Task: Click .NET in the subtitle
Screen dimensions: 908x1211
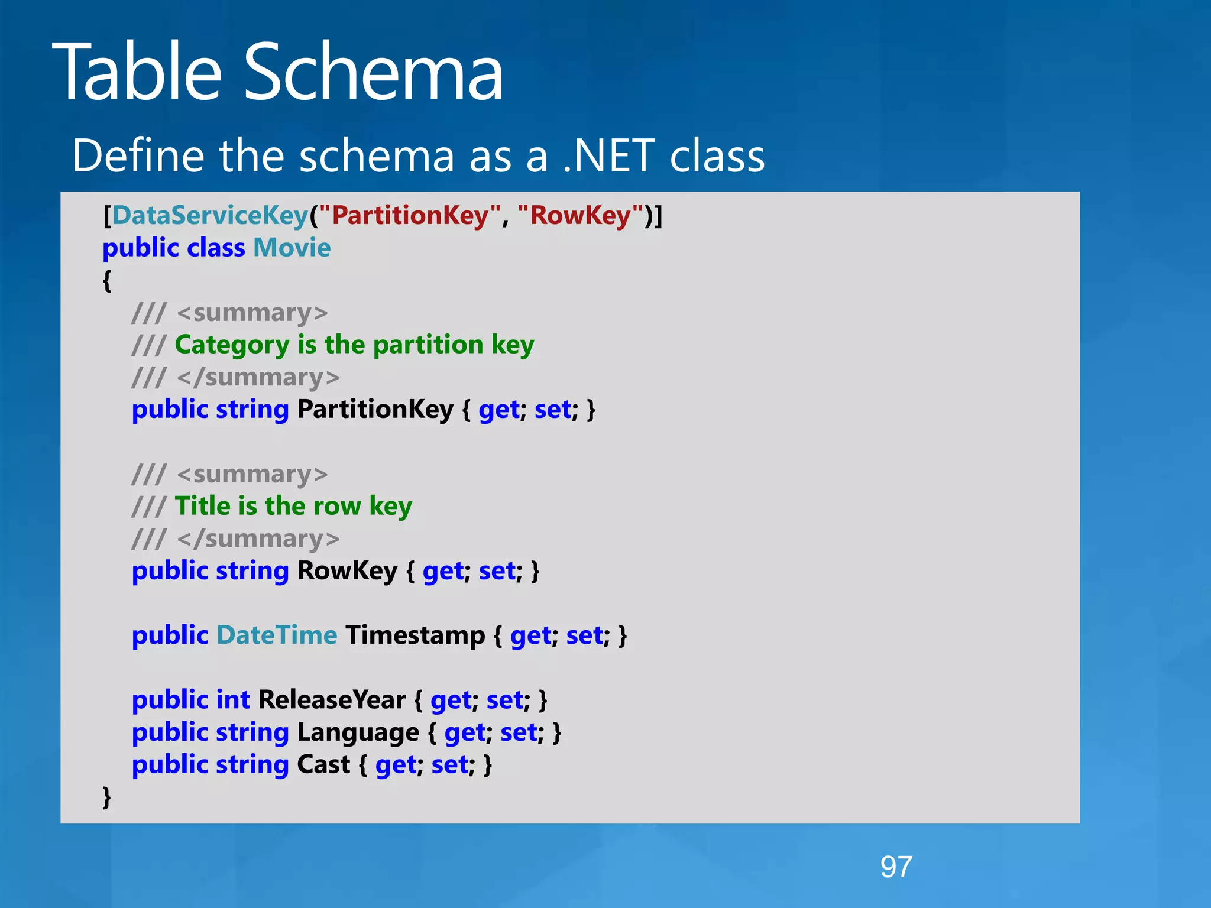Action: tap(609, 156)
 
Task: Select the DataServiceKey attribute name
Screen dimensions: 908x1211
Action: tap(210, 215)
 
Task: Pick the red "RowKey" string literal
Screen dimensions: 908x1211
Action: tap(580, 215)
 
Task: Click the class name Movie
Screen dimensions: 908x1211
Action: tap(292, 248)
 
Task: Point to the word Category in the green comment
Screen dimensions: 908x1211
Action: tap(232, 345)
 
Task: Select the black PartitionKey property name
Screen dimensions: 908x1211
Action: tap(375, 409)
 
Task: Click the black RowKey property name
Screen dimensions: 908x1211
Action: tap(347, 571)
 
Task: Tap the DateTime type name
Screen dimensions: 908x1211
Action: tap(277, 635)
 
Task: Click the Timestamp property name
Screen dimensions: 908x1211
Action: tap(415, 635)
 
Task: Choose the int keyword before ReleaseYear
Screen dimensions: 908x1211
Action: tap(233, 700)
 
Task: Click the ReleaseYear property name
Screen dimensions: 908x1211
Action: tap(332, 700)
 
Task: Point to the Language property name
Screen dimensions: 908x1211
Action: tap(358, 733)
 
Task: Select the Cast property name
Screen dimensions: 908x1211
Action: tap(323, 765)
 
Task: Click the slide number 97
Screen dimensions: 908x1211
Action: tap(896, 867)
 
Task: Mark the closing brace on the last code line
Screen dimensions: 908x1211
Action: tap(106, 796)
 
